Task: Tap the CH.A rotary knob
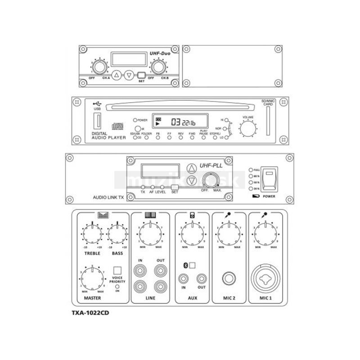click(x=100, y=67)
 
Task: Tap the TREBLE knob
click(x=92, y=234)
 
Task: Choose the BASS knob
click(x=118, y=234)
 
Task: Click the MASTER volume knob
click(x=92, y=278)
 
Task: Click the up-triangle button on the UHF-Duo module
click(x=117, y=75)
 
